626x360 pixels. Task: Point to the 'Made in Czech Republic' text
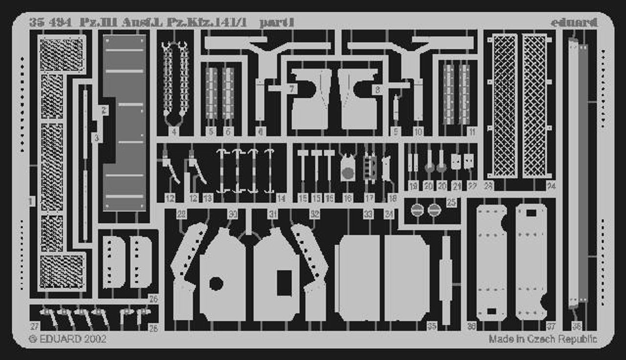pyautogui.click(x=542, y=338)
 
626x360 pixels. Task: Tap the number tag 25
pyautogui.click(x=451, y=202)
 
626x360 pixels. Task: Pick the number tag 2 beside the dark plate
pyautogui.click(x=104, y=111)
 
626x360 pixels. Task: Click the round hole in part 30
pyautogui.click(x=216, y=283)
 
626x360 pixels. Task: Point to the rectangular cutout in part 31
pyautogui.click(x=284, y=283)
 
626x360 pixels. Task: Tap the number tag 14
pyautogui.click(x=281, y=199)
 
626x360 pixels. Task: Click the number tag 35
pyautogui.click(x=431, y=327)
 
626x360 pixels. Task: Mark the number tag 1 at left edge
pyautogui.click(x=32, y=201)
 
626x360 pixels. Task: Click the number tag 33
pyautogui.click(x=368, y=214)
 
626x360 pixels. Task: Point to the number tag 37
pyautogui.click(x=551, y=327)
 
